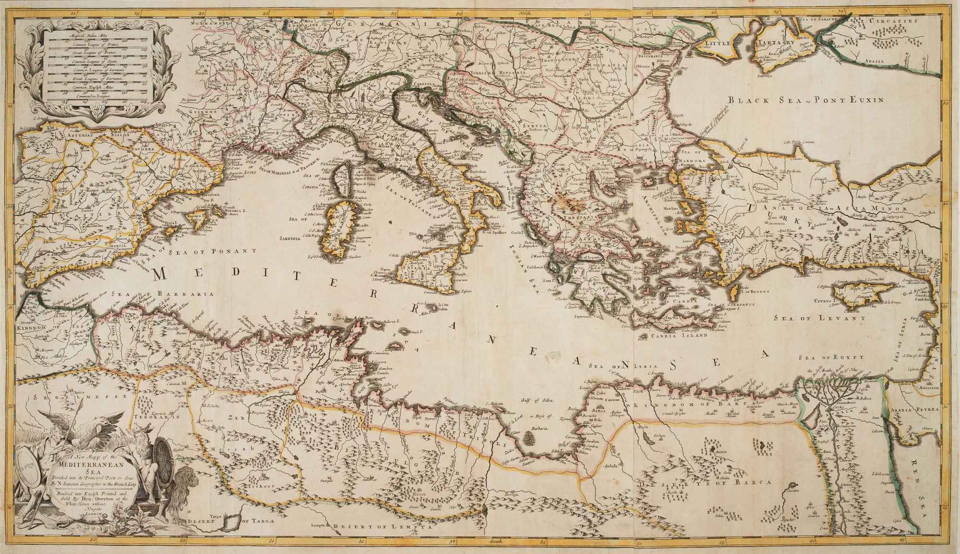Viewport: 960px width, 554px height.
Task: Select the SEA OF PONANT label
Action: [x=211, y=250]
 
